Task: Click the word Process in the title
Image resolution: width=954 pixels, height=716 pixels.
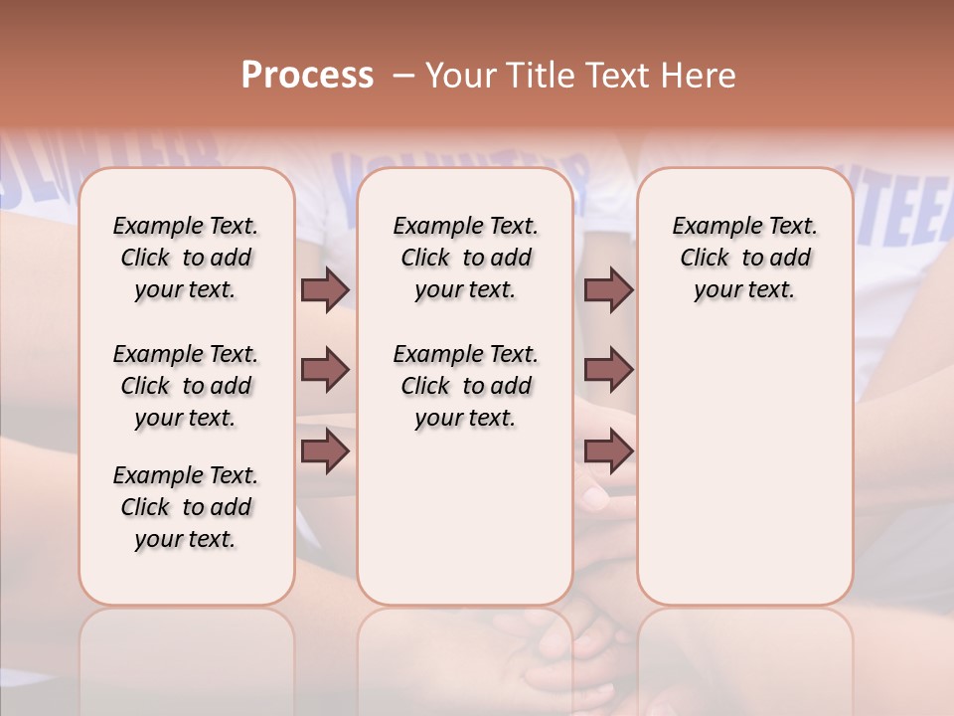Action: [x=307, y=75]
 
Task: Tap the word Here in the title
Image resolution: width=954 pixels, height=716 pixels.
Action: [x=700, y=75]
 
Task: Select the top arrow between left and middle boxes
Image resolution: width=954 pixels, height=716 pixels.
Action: [x=325, y=289]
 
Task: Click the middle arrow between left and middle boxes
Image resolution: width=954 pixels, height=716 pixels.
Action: [x=325, y=370]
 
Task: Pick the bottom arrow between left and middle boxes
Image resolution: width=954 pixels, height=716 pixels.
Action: [x=325, y=451]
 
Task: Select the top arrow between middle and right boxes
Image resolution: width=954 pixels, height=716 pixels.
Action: [x=608, y=289]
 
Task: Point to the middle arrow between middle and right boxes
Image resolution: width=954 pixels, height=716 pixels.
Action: [x=608, y=370]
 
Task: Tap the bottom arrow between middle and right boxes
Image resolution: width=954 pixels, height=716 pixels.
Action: [x=608, y=451]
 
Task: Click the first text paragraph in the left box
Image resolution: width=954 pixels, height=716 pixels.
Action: [x=186, y=258]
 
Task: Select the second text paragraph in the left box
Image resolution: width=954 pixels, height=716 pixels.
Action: [x=186, y=386]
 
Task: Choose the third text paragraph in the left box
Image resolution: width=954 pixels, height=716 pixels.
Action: [x=186, y=507]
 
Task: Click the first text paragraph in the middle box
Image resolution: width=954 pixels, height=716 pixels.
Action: [x=466, y=258]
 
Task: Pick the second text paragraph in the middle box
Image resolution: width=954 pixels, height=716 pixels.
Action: [x=466, y=386]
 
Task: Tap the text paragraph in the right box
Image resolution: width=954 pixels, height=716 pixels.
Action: [x=745, y=258]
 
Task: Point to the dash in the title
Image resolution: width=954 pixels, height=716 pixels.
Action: [x=402, y=75]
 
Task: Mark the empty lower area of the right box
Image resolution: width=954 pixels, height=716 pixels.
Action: [x=745, y=467]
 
